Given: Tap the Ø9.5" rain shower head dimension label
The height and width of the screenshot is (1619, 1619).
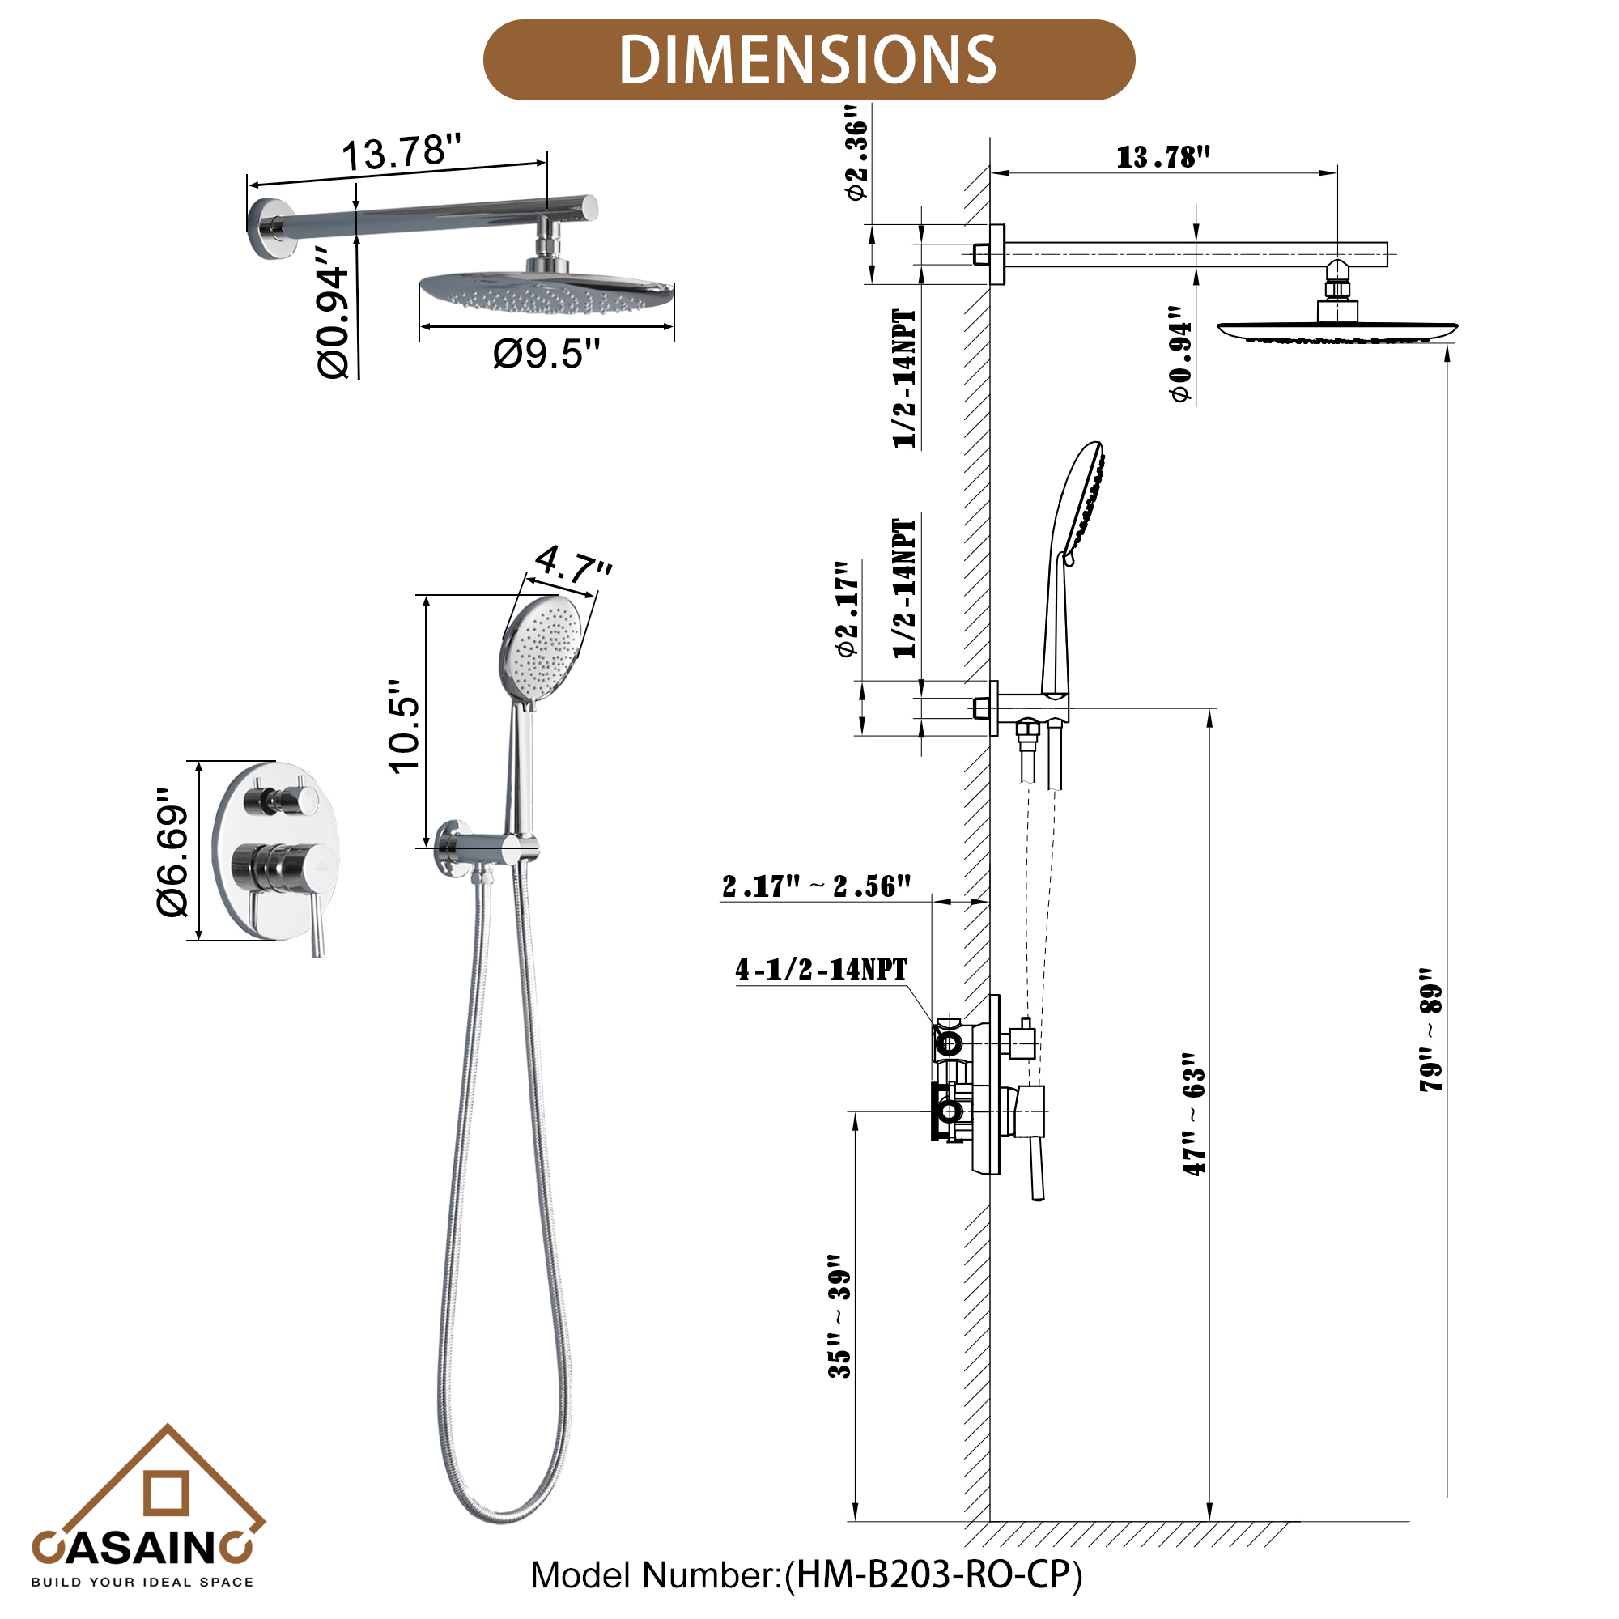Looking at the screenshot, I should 546,354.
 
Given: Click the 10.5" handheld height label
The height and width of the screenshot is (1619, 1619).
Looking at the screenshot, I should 405,725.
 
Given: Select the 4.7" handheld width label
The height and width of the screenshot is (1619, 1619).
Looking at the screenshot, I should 573,563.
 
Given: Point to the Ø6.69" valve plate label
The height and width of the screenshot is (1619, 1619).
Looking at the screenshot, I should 173,852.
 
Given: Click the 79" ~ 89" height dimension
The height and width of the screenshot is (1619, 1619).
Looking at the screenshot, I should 1431,1030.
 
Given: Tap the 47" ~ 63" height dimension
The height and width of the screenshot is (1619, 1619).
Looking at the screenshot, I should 1194,1114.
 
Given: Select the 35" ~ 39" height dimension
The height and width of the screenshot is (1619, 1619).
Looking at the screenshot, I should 839,1315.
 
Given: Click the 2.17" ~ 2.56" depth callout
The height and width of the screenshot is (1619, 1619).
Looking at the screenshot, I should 815,886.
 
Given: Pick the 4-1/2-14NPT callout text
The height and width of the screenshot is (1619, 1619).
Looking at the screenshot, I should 821,970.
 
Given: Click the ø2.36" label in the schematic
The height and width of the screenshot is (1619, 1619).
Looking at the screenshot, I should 856,153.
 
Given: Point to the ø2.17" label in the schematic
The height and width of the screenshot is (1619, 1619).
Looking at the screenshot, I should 848,609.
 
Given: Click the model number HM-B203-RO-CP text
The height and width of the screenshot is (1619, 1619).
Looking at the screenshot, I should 806,1574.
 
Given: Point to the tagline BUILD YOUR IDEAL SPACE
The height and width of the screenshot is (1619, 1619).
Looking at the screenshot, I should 142,1582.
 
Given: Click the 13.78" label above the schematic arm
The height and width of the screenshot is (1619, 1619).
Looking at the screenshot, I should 1163,157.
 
